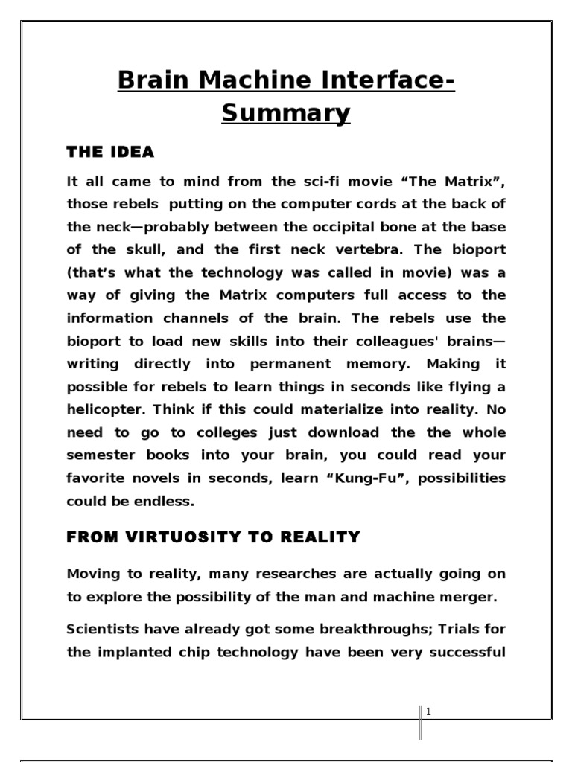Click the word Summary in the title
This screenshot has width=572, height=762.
tap(286, 113)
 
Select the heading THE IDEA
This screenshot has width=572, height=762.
tap(110, 152)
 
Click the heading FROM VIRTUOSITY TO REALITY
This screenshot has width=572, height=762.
tap(214, 537)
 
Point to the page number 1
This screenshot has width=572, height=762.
tap(428, 711)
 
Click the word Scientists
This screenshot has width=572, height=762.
tap(104, 630)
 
